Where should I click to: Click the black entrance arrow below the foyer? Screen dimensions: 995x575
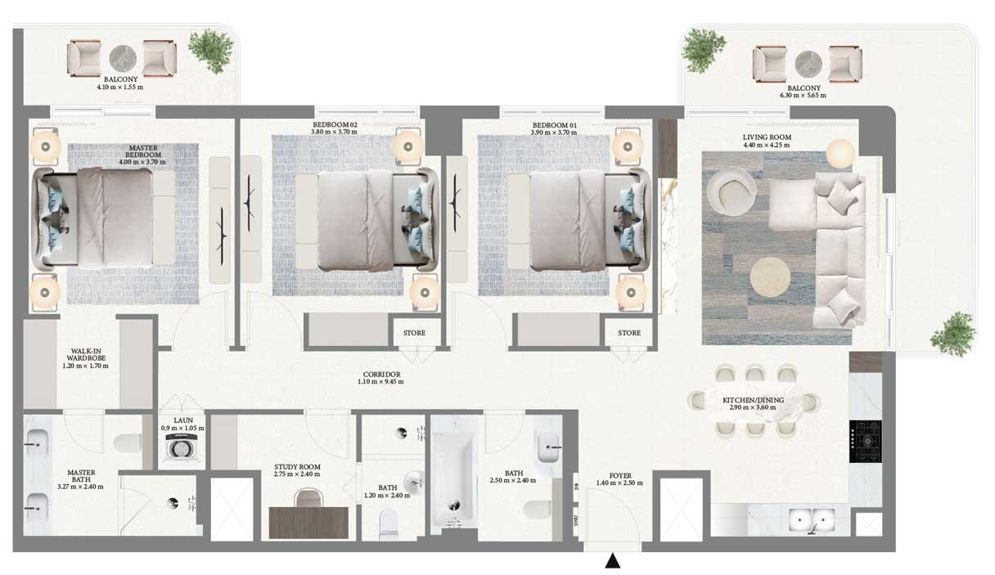[x=613, y=561]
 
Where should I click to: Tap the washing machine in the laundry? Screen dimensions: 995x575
[x=181, y=447]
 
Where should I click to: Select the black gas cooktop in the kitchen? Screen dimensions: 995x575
[x=866, y=442]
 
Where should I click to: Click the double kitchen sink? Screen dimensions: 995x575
[x=812, y=520]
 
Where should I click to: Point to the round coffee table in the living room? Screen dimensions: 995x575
[x=770, y=277]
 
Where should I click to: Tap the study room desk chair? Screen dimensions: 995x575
[x=308, y=498]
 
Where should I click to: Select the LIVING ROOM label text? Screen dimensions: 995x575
[x=768, y=137]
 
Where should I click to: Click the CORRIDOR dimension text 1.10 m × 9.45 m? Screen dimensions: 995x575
[x=380, y=382]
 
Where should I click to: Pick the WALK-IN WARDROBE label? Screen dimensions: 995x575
[x=86, y=354]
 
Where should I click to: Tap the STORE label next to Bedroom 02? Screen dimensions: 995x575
[x=414, y=333]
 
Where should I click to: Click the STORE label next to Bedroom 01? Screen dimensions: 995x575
[x=629, y=333]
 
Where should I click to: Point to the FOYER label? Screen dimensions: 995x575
[x=620, y=475]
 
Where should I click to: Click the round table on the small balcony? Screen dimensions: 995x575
[x=124, y=59]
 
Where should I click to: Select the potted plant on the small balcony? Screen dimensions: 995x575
[x=211, y=51]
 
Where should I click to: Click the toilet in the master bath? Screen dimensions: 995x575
[x=128, y=442]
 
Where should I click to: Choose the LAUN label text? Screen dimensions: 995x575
[x=183, y=420]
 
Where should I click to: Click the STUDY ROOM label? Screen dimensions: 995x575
[x=297, y=467]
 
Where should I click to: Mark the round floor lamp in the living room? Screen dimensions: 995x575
[x=840, y=154]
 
